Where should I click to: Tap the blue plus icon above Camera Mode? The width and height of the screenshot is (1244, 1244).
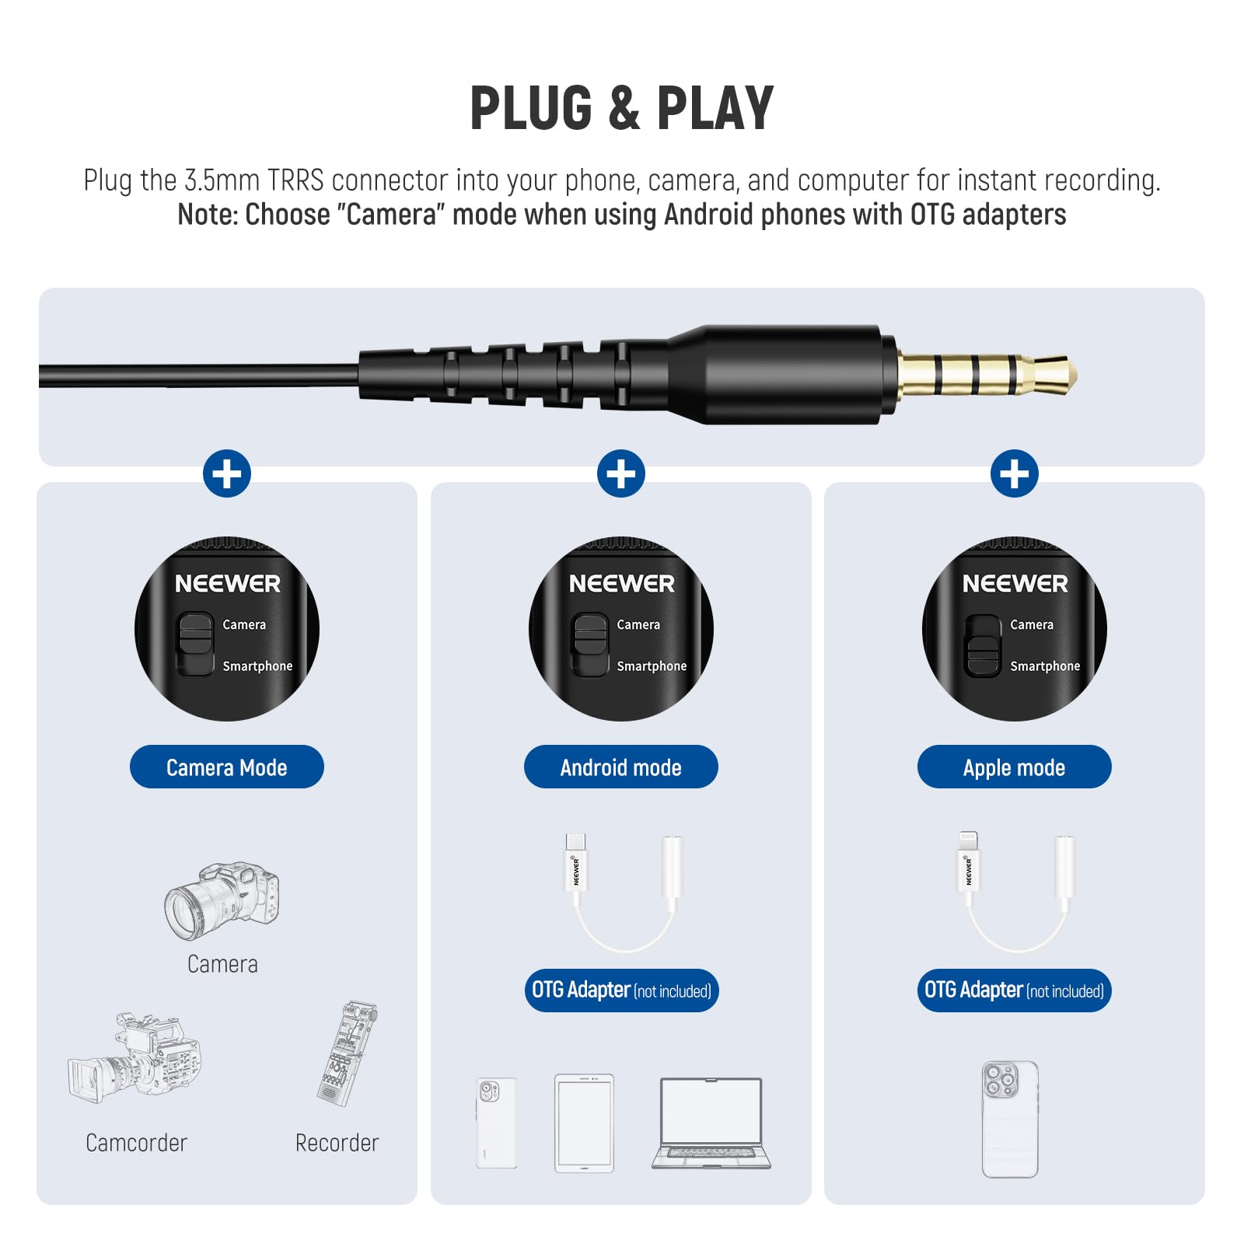[x=227, y=473]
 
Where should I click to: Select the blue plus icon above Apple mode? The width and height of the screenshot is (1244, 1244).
[x=1015, y=473]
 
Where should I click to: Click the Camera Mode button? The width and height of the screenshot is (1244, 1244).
[x=227, y=767]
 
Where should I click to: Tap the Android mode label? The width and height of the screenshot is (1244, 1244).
[x=620, y=767]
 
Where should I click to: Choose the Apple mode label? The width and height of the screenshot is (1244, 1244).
[x=1015, y=767]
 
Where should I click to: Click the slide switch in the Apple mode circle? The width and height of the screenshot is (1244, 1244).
[x=983, y=645]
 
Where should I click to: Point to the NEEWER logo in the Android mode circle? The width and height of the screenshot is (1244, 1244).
[x=621, y=584]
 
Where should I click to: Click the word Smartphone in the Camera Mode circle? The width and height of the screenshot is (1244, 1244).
[x=257, y=666]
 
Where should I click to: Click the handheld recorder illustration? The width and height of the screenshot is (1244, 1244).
[x=348, y=1054]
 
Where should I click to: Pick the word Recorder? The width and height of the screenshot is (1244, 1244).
[x=337, y=1143]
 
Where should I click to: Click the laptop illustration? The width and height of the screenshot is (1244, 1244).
[x=711, y=1123]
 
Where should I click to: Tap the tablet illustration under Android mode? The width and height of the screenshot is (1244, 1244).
[x=584, y=1123]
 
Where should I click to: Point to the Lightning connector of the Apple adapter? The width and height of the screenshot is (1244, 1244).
[x=968, y=843]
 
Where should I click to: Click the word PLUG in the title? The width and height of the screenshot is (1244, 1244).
[x=531, y=109]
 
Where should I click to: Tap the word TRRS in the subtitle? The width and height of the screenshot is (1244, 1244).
[x=295, y=180]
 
